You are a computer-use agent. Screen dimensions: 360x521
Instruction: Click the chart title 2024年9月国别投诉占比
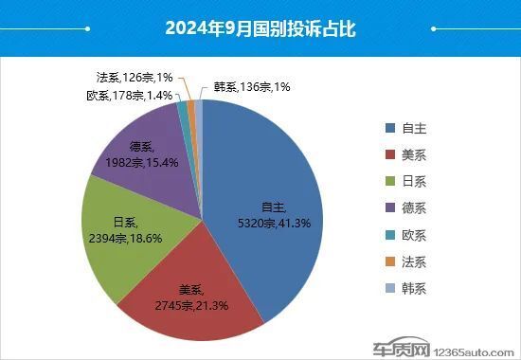pyautogui.click(x=260, y=29)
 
